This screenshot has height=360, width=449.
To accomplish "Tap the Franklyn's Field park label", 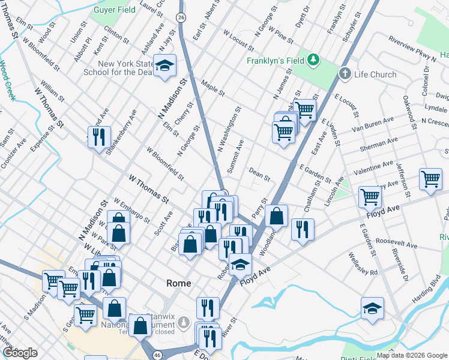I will [275, 61].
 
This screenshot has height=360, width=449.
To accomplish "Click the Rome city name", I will [178, 283].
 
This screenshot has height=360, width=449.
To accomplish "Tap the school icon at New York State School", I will [164, 65].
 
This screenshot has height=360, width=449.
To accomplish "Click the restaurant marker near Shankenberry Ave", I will [98, 137].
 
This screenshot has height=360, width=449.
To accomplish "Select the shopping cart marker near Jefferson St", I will [430, 179].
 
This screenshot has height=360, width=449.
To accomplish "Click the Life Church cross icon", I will [345, 74].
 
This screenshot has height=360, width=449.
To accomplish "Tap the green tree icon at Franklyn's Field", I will [313, 61].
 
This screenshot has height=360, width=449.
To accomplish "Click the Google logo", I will [20, 353].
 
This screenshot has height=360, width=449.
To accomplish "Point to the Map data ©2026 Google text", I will [412, 355].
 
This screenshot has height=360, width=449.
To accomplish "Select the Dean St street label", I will [260, 175].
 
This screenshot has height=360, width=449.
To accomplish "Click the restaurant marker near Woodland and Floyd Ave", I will [303, 229].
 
